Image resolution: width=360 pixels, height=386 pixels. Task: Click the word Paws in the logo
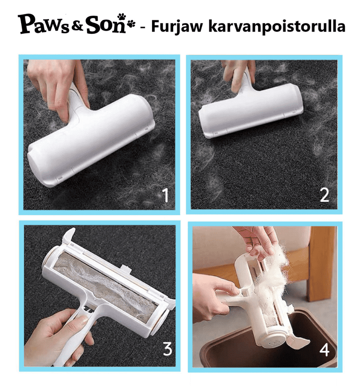point(45,25)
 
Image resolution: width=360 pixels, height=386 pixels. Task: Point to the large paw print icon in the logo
point(121,17)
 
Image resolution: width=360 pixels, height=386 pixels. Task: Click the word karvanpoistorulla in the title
point(277,26)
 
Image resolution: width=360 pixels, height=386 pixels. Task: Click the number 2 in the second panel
point(324,195)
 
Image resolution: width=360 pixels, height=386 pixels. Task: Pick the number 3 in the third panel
point(167,348)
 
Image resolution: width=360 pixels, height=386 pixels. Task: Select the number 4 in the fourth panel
point(324,348)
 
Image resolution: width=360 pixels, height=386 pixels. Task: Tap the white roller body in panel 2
point(251,111)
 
